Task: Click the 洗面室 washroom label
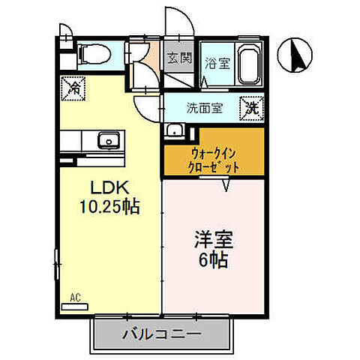[204, 107]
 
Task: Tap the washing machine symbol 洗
[253, 107]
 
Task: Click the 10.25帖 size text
[112, 205]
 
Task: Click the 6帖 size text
[214, 262]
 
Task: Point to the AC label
[75, 297]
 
